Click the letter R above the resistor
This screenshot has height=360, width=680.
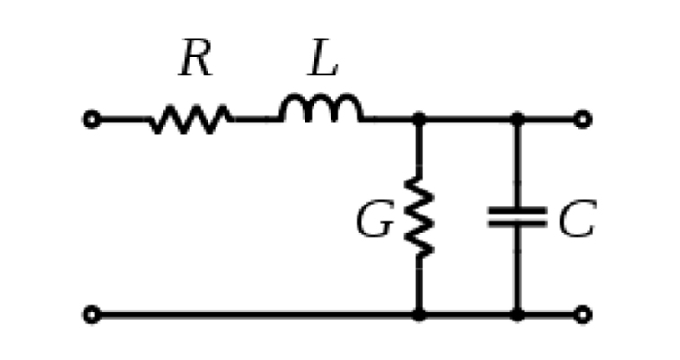point(196,57)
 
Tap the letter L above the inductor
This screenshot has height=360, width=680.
point(322,57)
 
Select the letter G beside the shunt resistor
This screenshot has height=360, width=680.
point(375,219)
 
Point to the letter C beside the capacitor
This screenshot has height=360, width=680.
point(578,219)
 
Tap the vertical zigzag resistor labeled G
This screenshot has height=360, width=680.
point(419,216)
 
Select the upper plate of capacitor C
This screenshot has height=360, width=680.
point(517,211)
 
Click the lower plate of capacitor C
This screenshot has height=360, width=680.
point(517,224)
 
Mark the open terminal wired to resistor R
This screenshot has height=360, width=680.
point(92,119)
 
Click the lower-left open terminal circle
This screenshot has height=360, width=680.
point(92,314)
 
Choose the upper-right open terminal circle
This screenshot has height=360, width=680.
point(583,119)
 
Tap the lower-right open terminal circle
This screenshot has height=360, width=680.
point(583,314)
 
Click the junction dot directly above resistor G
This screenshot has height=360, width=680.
point(419,119)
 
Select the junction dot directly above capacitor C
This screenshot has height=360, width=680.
point(517,119)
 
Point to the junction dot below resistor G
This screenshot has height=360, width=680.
point(419,314)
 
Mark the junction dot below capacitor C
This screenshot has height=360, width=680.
point(517,314)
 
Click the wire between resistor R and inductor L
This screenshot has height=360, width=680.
point(257,119)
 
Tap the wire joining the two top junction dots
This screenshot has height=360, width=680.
point(468,119)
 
